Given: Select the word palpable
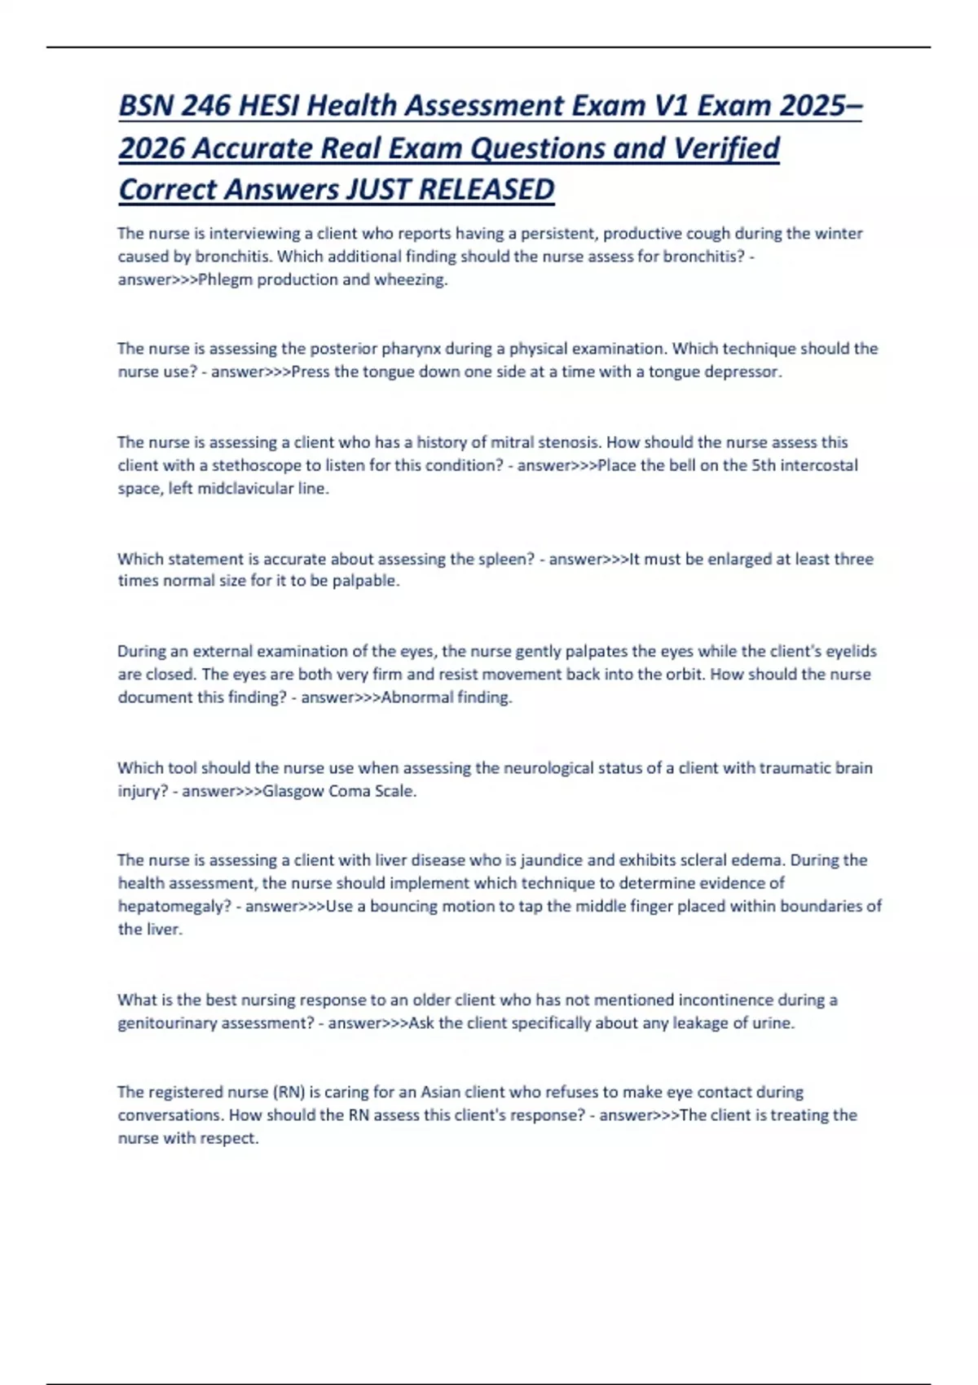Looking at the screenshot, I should pyautogui.click(x=365, y=581).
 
